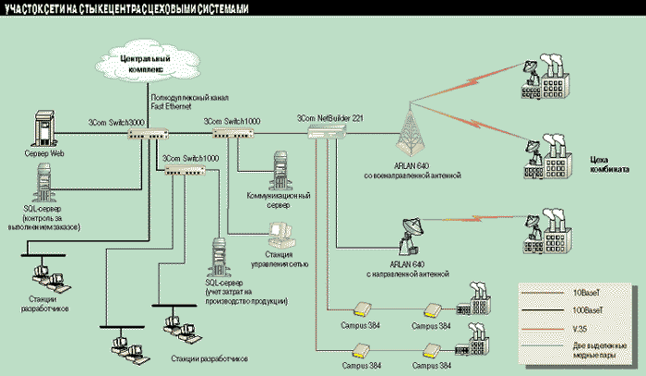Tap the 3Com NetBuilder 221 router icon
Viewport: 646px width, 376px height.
tap(329, 134)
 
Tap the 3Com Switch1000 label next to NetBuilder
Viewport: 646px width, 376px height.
tap(232, 121)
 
